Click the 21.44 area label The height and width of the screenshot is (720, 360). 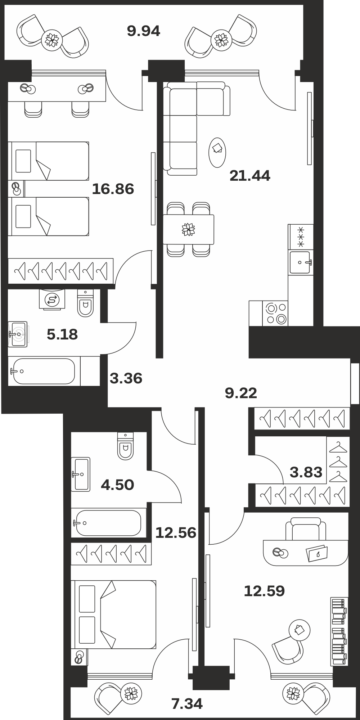250,176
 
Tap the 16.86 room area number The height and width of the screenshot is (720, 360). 113,189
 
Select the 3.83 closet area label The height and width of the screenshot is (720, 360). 306,472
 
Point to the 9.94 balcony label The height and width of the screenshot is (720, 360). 144,31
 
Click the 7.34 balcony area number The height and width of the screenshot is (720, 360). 187,703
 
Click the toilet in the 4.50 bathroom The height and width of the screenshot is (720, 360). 126,446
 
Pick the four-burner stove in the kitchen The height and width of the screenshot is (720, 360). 275,314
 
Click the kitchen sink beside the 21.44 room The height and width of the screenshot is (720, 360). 300,262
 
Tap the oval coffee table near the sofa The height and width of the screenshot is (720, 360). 217,152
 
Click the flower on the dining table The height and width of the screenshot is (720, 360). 188,229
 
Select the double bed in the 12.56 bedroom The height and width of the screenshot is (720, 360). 113,614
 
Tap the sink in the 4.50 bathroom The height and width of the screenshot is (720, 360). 81,474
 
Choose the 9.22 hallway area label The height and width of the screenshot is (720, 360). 241,393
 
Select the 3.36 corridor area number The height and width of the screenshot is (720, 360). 126,378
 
